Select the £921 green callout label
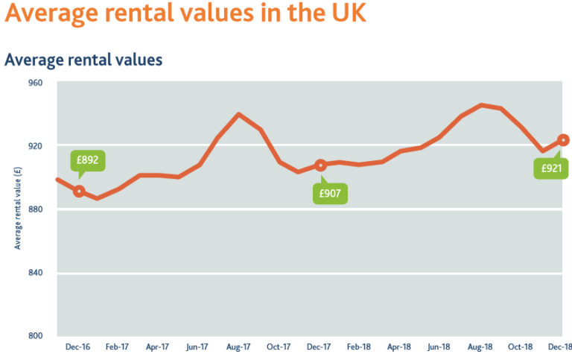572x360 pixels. point(551,168)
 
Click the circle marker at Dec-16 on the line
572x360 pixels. point(78,192)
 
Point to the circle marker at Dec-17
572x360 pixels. point(320,165)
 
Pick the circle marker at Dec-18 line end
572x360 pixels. point(563,140)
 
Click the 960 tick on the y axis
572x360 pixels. point(36,83)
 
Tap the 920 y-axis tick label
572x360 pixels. point(36,146)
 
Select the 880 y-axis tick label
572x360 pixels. point(36,209)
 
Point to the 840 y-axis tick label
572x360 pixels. point(36,273)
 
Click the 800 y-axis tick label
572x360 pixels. point(36,335)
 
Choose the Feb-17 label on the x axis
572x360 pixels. point(118,347)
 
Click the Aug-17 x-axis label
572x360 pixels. point(238,347)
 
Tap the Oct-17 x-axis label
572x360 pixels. point(279,347)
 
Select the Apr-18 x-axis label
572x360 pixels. point(399,347)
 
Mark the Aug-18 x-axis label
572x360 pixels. point(480,347)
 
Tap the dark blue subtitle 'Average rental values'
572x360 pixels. point(83,60)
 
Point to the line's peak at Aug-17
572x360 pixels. point(238,114)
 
